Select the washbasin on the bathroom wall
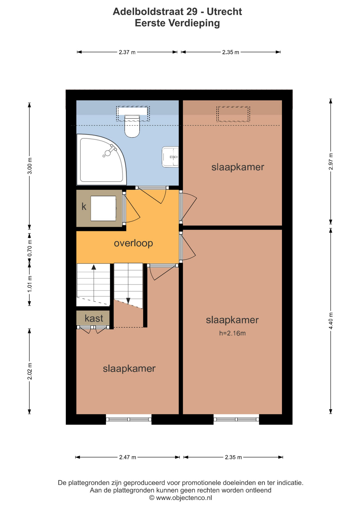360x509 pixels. click(170, 157)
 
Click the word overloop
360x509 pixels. click(133, 243)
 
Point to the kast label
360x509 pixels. click(94, 318)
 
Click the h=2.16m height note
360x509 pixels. click(232, 333)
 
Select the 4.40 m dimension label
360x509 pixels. click(331, 321)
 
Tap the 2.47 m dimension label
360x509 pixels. click(128, 457)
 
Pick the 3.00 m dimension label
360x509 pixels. click(30, 166)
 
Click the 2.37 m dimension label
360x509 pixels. click(127, 52)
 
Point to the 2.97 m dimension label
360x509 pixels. click(331, 162)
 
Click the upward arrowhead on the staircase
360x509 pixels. click(94, 267)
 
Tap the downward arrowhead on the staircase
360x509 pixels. click(128, 301)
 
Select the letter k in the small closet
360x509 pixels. click(84, 207)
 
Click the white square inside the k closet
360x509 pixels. click(103, 208)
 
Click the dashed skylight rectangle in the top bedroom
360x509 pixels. click(233, 114)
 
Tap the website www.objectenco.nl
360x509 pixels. click(184, 498)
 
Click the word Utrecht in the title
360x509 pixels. click(224, 12)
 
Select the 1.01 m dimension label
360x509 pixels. click(30, 284)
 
